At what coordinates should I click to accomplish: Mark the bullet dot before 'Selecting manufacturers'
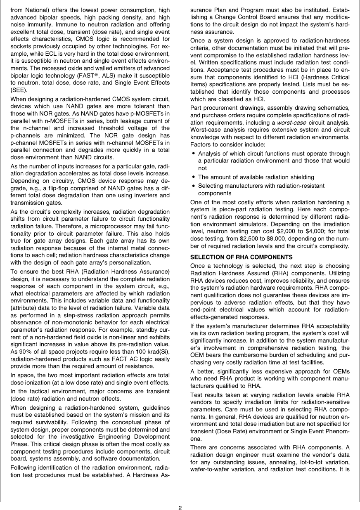click(x=194, y=186)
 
